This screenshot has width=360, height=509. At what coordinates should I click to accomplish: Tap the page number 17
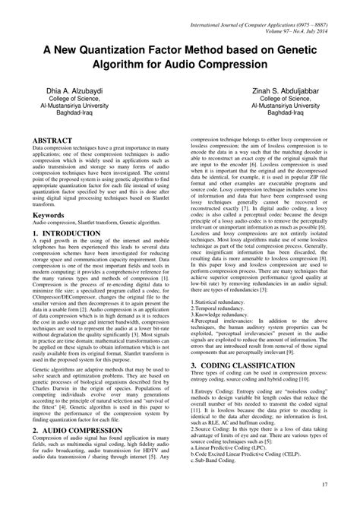[324, 485]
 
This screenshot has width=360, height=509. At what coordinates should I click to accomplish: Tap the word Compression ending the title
[223, 64]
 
